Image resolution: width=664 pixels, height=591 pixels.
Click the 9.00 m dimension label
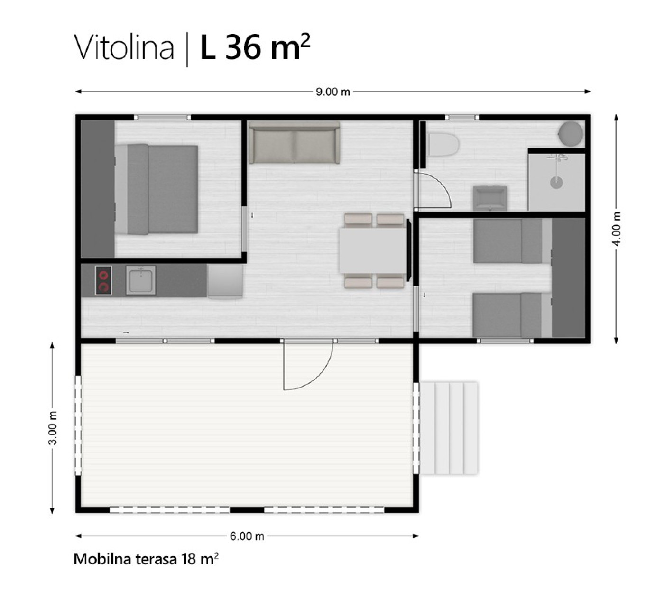tap(332, 92)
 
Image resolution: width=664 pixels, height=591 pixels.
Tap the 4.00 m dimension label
tap(617, 229)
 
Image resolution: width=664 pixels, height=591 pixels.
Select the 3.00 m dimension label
tap(53, 427)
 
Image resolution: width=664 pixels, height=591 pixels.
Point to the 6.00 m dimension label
tap(247, 536)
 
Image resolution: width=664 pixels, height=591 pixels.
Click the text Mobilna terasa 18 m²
tap(146, 559)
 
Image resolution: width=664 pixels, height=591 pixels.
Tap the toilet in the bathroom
tap(444, 144)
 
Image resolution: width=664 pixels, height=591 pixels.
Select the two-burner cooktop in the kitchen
tap(103, 280)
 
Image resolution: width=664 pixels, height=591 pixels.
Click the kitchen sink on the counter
tap(140, 280)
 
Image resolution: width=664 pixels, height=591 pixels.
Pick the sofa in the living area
tap(295, 143)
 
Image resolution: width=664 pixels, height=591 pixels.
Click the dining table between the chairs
tap(373, 251)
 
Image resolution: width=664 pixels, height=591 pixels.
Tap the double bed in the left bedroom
tap(157, 189)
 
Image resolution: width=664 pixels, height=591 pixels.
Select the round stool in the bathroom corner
tap(571, 134)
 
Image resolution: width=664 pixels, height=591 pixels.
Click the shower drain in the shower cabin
tap(556, 183)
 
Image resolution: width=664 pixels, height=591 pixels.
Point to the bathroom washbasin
tap(490, 198)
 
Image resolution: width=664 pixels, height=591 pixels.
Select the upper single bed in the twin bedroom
tap(507, 241)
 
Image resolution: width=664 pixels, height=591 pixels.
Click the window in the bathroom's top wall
tap(462, 117)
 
